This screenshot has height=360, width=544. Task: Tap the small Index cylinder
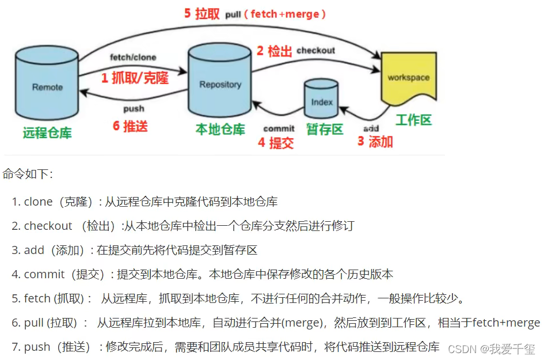(322, 101)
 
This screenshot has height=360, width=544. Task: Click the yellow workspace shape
(408, 78)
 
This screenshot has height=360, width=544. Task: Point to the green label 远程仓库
(47, 132)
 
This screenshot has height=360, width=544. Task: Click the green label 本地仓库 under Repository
(220, 129)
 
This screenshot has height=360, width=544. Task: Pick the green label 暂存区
(325, 129)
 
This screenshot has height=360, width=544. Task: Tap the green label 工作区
(413, 120)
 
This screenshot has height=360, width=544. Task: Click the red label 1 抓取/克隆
(135, 78)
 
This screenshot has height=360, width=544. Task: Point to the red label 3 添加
(375, 142)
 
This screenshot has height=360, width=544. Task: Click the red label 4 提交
(276, 143)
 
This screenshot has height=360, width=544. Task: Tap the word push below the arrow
(134, 109)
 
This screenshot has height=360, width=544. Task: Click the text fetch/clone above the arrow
(133, 58)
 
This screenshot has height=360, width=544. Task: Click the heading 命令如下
(27, 173)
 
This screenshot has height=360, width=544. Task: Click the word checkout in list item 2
(48, 226)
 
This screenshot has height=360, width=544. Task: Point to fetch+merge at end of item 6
(506, 323)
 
